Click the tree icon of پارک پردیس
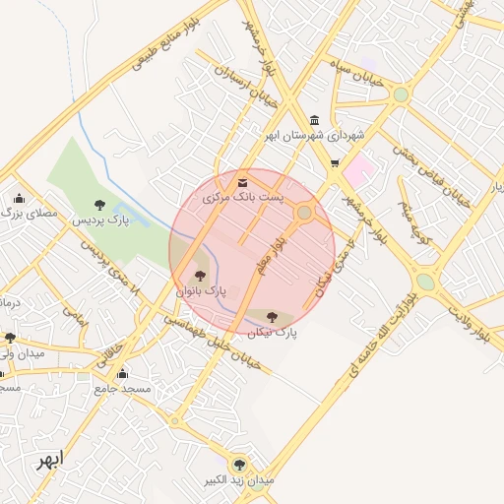click(x=99, y=205)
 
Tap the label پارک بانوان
click(x=201, y=292)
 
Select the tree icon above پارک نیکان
click(x=273, y=317)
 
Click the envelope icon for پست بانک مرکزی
click(x=243, y=182)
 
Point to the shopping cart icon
click(x=336, y=164)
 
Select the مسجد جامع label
click(x=122, y=389)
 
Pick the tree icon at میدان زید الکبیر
click(x=237, y=462)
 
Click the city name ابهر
click(x=46, y=460)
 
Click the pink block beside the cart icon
click(x=360, y=168)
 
